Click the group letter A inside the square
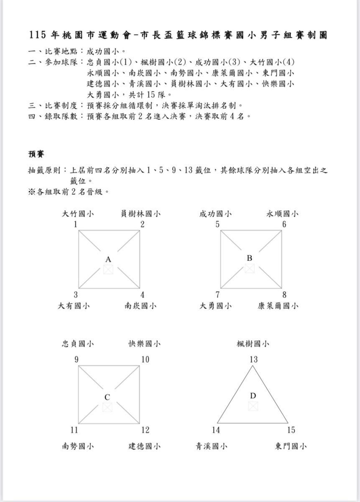108,260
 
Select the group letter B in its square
249,258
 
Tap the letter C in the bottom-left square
107,397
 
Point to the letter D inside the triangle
253,396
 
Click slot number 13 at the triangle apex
253,359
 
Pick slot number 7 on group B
217,295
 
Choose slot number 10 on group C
145,359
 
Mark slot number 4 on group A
142,295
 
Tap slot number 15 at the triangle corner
291,430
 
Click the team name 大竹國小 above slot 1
77,214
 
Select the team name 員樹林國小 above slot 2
140,214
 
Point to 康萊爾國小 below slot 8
278,306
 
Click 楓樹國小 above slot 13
253,344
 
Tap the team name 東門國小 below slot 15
291,446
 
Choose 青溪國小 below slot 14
212,446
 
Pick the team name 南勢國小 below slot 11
77,446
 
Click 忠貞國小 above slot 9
77,344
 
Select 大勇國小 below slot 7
216,306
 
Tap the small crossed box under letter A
108,269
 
